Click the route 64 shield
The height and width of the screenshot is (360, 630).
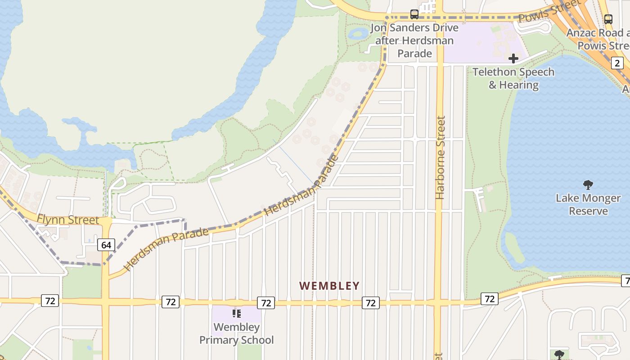106,245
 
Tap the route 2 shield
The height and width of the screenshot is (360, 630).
617,63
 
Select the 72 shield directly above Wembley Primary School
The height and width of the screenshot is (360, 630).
266,303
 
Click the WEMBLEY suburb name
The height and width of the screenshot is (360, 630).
329,286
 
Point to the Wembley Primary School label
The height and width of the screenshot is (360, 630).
236,333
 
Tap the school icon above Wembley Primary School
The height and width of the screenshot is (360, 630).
236,314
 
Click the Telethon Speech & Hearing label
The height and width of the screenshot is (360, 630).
513,78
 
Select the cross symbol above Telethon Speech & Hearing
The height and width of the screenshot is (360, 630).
513,58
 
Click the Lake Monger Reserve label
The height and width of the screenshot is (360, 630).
588,204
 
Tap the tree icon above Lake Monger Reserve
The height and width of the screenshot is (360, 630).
588,184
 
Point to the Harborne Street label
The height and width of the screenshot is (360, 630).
440,157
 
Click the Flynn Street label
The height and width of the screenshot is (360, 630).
68,220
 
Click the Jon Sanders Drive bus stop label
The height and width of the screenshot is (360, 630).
414,40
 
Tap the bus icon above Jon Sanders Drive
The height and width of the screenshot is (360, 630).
414,14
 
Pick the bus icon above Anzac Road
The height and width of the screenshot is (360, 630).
608,19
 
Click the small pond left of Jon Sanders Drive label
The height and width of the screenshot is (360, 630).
359,33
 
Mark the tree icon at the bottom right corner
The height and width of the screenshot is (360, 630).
559,355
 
